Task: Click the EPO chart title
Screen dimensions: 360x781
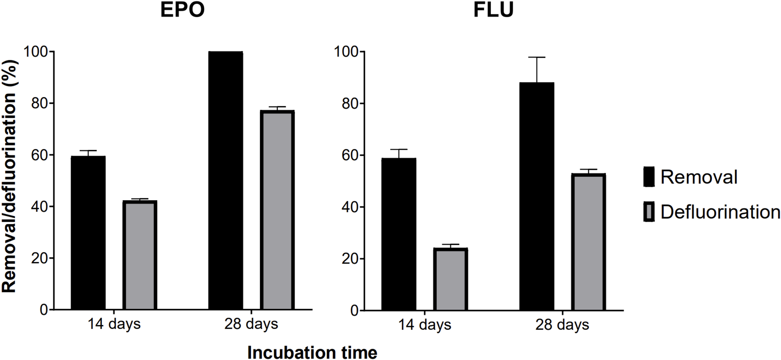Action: coord(182,10)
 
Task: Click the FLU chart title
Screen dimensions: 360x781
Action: coord(493,10)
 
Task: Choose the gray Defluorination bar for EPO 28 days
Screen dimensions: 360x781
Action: coord(277,210)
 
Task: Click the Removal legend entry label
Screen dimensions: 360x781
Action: coord(699,177)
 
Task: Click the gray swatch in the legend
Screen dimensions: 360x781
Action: coord(649,212)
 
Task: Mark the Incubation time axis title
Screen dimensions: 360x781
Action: coord(312,353)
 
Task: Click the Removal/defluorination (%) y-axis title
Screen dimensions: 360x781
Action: coord(9,176)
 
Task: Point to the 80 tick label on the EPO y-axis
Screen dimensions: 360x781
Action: coord(39,103)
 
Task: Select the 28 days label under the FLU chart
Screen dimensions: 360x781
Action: coord(562,325)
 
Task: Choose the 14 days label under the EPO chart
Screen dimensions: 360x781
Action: coord(114,324)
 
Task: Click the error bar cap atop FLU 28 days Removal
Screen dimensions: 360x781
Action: coord(537,58)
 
